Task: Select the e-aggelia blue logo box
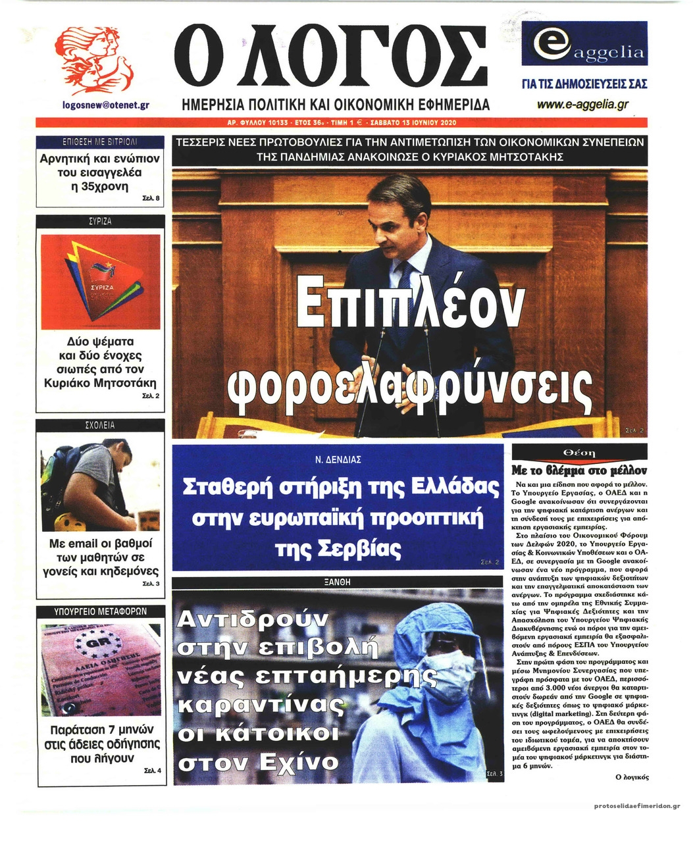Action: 584,43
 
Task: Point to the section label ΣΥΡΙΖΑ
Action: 100,222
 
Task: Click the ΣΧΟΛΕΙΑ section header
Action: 100,426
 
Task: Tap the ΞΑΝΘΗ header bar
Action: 337,582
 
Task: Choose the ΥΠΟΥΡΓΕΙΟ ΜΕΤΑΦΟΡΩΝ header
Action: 100,611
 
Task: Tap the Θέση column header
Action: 579,453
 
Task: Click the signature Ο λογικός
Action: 631,777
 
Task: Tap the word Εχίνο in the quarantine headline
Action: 299,762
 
